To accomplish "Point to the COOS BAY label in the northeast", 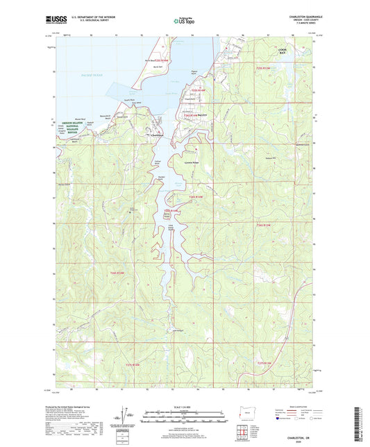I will tap(301, 51).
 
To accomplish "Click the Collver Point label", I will tap(158, 161).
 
